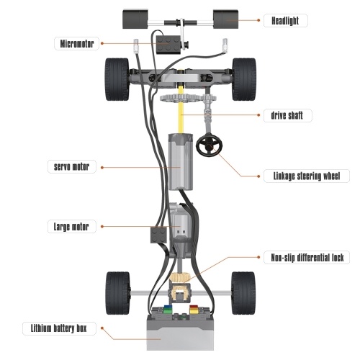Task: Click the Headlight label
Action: click(x=285, y=21)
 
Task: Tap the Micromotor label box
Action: click(x=76, y=44)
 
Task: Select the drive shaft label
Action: click(x=287, y=115)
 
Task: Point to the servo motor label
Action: click(x=72, y=166)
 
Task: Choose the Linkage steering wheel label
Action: click(x=307, y=176)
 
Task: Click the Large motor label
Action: click(x=72, y=227)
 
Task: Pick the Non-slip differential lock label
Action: click(x=307, y=258)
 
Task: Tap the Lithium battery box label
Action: click(x=59, y=328)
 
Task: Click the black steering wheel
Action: click(x=210, y=145)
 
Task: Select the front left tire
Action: click(x=117, y=79)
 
